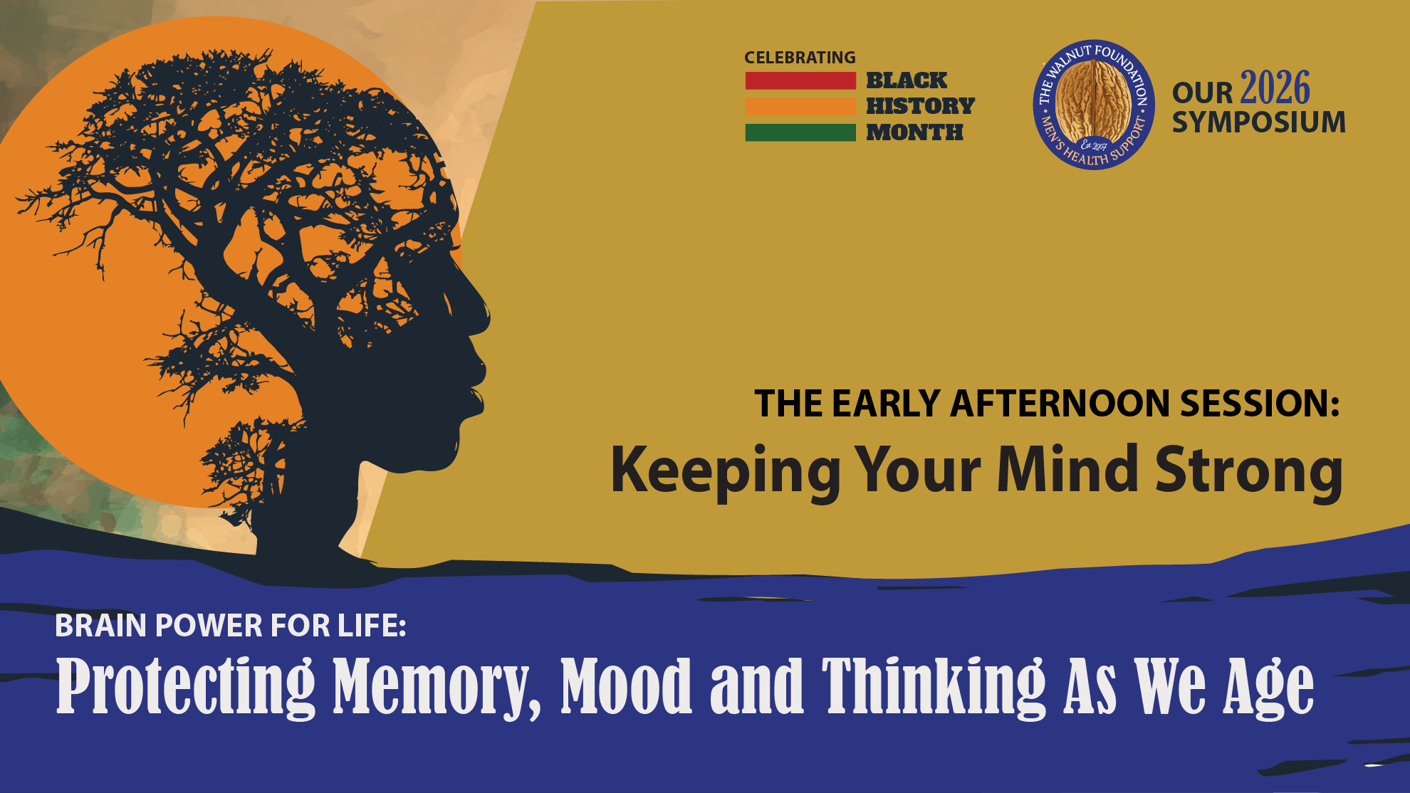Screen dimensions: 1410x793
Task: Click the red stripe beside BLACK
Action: (800, 80)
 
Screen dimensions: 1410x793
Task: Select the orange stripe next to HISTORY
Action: (800, 106)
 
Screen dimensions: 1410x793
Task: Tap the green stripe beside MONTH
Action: (800, 132)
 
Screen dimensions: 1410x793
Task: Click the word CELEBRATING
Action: (800, 58)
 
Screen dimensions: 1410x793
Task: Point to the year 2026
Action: (1275, 88)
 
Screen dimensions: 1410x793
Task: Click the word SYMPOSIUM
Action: (1259, 122)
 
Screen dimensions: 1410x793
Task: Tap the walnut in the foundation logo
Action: (1093, 102)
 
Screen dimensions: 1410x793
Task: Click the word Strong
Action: (1249, 471)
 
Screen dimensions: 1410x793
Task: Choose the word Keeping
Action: (726, 472)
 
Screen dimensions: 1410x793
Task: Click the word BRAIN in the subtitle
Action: (101, 626)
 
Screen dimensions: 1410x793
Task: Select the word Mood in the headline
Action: (626, 685)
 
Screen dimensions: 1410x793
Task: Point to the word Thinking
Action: (934, 686)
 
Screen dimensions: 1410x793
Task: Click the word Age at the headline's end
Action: (1269, 688)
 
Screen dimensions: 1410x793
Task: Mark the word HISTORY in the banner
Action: (920, 106)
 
